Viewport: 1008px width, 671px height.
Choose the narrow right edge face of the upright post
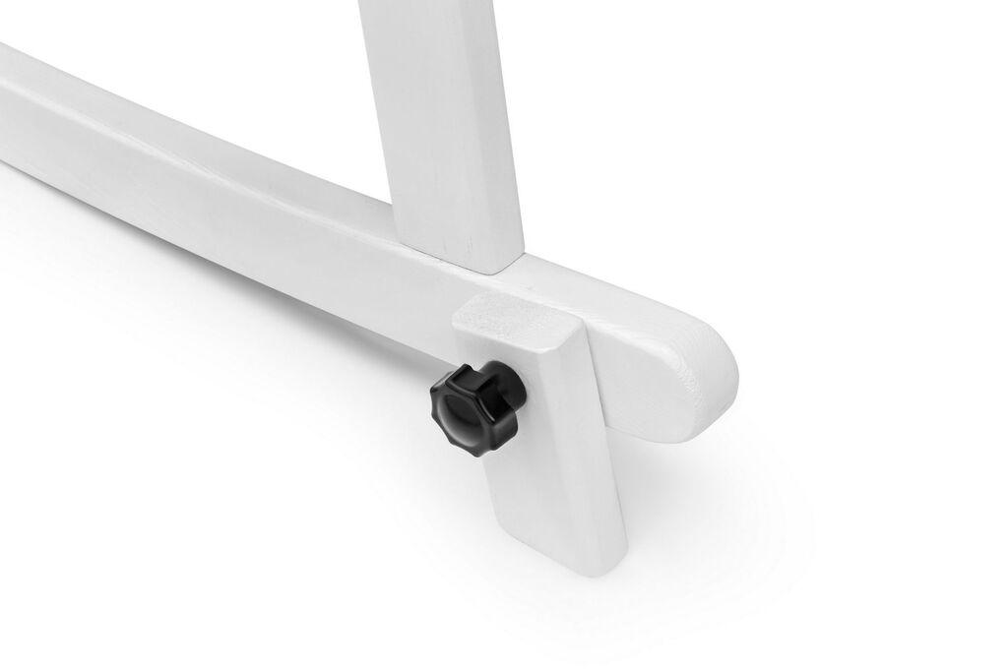click(x=513, y=128)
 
